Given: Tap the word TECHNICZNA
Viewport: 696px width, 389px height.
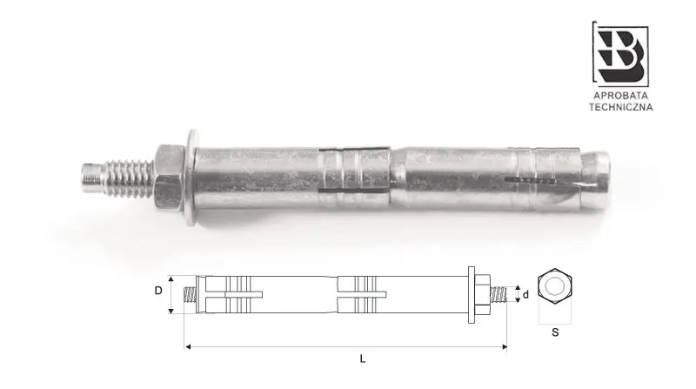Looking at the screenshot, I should (621, 108).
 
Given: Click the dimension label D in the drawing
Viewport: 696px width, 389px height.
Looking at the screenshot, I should (158, 291).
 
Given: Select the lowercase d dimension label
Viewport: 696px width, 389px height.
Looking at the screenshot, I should (525, 294).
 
